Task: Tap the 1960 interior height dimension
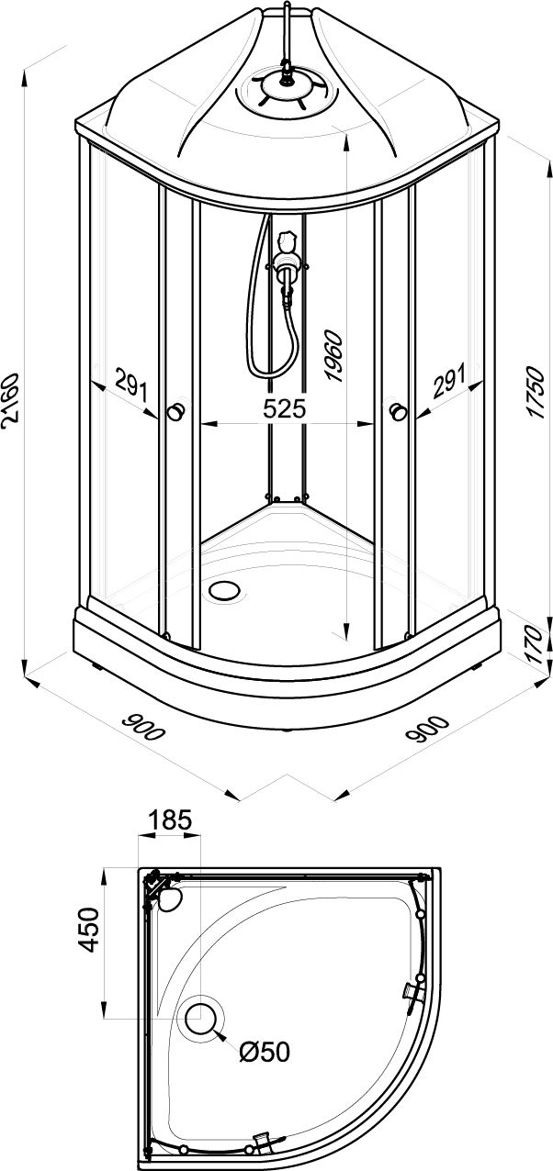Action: click(x=333, y=356)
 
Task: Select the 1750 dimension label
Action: click(x=536, y=392)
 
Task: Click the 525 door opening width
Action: click(x=284, y=408)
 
